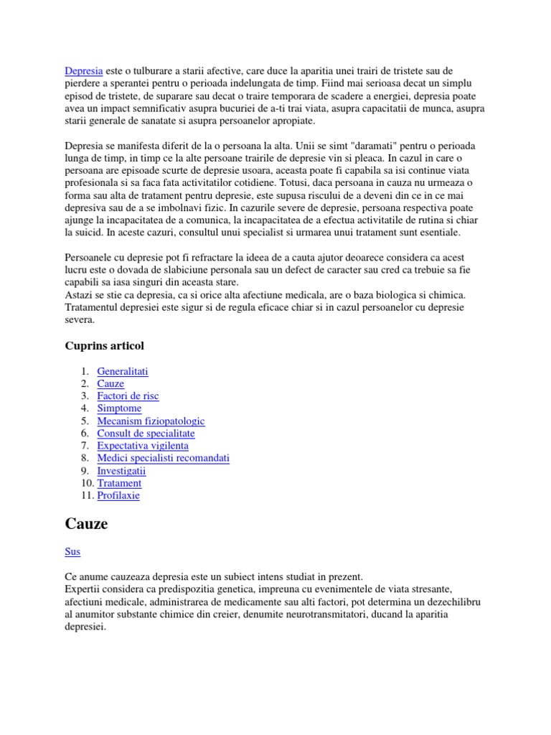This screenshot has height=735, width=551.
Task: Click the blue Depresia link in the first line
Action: [84, 71]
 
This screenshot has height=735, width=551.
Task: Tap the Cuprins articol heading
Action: [104, 346]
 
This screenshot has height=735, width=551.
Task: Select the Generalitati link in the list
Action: [123, 371]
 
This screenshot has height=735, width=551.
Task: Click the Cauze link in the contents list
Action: [110, 384]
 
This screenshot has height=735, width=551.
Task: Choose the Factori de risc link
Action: [128, 396]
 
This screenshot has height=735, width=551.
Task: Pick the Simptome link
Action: [119, 408]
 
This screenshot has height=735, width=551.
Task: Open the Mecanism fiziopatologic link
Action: [151, 421]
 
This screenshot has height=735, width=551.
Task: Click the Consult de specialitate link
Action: [146, 434]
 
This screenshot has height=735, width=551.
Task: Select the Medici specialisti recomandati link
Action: [163, 458]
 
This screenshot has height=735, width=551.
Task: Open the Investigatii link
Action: [121, 471]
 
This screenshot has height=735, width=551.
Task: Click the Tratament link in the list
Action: [119, 483]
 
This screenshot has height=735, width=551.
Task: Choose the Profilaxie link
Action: [118, 495]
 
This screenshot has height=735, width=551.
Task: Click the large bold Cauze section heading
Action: [86, 525]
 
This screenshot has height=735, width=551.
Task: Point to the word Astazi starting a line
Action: [80, 295]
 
